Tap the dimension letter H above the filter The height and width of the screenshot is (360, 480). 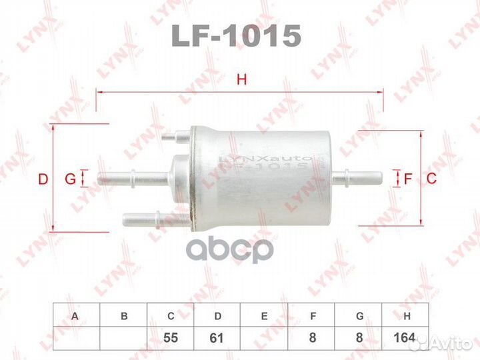[242, 81]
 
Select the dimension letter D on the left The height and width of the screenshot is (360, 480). [43, 179]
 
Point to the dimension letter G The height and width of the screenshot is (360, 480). [69, 179]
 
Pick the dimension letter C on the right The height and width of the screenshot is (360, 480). [431, 179]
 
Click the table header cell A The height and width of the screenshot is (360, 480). [77, 317]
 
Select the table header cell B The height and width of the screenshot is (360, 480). [123, 317]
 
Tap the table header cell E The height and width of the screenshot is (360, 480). [265, 317]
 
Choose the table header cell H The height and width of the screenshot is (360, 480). [405, 317]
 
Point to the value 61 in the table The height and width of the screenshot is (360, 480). [217, 339]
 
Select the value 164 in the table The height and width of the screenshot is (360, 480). [405, 339]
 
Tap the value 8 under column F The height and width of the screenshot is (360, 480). [312, 339]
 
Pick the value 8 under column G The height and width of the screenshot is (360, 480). [359, 339]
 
